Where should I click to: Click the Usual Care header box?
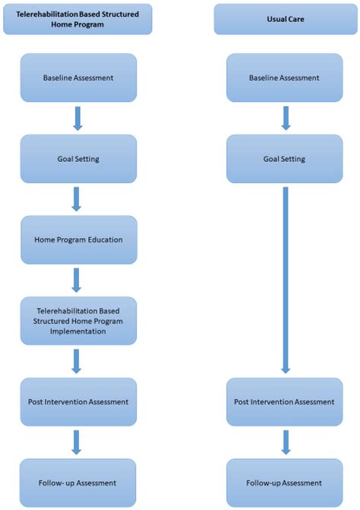tap(285, 18)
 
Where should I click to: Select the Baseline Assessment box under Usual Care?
tap(285, 78)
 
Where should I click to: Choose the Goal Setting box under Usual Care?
tap(285, 159)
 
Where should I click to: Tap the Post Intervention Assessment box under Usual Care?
tap(285, 401)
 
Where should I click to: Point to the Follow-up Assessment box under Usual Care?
tap(285, 483)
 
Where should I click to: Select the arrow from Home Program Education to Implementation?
tap(76, 280)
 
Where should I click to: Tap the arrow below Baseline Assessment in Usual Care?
tap(285, 118)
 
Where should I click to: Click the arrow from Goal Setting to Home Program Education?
tap(76, 199)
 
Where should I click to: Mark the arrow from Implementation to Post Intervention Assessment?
tap(76, 361)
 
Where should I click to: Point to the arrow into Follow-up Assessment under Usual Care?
tap(285, 442)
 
